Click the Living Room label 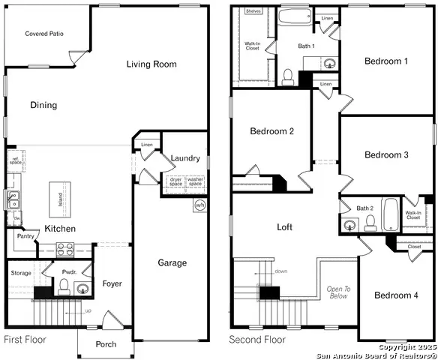151,64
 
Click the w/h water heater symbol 199,205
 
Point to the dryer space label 175,181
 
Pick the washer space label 195,181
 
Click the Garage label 172,262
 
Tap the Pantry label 26,235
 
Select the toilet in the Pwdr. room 64,286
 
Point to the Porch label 106,344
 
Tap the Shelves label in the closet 253,11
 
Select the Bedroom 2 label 271,131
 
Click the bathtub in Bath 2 391,214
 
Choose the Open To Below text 337,292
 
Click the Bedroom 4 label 396,295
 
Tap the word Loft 284,227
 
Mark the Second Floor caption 257,340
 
